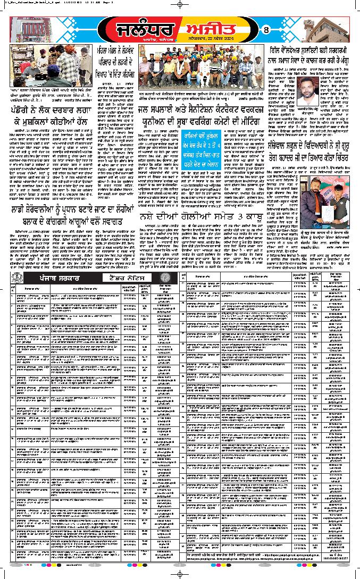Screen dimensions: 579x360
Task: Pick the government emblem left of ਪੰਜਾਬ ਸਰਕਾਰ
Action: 19,278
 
